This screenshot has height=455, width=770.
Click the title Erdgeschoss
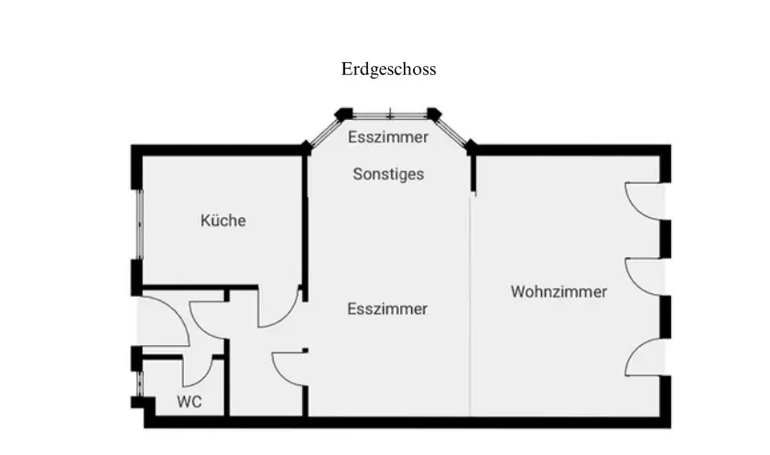388,70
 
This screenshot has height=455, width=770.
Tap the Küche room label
223,221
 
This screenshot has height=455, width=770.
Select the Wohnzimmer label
559,291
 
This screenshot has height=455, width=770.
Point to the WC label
190,402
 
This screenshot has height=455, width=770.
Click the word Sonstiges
388,174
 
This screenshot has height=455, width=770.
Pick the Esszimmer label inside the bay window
388,137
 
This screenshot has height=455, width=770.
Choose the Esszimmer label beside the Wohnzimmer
387,309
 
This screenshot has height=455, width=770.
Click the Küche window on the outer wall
139,224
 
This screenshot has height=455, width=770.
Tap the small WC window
139,384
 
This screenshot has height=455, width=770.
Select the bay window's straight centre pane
390,116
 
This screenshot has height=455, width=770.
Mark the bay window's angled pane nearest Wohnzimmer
453,131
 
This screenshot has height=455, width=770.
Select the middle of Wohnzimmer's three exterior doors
645,277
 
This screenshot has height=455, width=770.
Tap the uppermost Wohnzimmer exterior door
645,201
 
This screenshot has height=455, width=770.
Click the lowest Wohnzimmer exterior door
645,357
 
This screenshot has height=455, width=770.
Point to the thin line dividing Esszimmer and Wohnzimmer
470,307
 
